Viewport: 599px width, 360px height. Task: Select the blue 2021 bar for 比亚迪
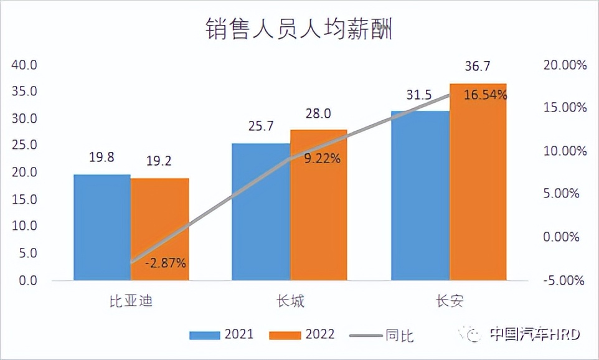(x=102, y=227)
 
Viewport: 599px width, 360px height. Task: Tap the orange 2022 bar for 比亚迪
(x=160, y=229)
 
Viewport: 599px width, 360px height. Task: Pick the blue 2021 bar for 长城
(x=261, y=212)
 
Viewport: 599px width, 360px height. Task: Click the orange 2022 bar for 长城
(x=318, y=205)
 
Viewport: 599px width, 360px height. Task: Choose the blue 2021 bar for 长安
(x=420, y=196)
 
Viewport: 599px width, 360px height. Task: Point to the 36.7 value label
(x=477, y=67)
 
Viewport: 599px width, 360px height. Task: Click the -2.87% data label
(x=166, y=263)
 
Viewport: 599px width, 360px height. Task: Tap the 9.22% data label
(x=322, y=158)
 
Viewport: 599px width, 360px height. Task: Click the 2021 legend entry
(x=222, y=334)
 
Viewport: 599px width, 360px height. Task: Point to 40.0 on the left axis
(x=26, y=65)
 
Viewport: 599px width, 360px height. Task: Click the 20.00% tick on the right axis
(x=565, y=65)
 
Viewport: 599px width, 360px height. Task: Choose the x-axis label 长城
(x=290, y=301)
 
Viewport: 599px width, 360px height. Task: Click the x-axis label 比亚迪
(x=131, y=301)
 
